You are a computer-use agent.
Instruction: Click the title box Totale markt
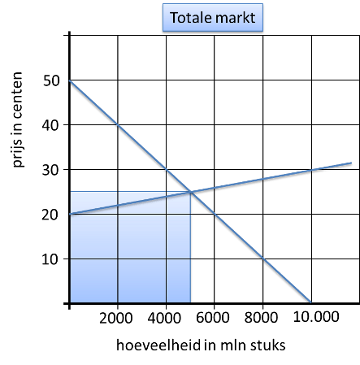[213, 18]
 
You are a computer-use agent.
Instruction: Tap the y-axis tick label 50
[51, 80]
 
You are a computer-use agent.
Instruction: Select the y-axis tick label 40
[50, 125]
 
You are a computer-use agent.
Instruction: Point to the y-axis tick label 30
[50, 170]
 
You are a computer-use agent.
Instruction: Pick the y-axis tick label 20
[50, 215]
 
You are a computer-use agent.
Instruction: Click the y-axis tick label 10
[50, 259]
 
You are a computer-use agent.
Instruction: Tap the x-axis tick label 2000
[116, 318]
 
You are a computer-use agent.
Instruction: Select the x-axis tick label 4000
[164, 318]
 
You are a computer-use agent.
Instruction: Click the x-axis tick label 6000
[213, 317]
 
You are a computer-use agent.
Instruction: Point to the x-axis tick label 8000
[261, 317]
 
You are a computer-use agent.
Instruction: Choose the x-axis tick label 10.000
[316, 316]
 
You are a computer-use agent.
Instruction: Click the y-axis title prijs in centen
[17, 119]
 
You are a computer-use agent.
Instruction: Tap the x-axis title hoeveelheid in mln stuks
[201, 345]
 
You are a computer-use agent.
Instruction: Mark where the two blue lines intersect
[191, 192]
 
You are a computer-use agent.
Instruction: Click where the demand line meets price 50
[70, 80]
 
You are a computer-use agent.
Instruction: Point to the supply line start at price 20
[70, 214]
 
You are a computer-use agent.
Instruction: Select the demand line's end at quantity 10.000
[310, 302]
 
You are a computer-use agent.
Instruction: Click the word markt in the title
[236, 18]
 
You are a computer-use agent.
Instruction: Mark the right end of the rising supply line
[351, 163]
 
